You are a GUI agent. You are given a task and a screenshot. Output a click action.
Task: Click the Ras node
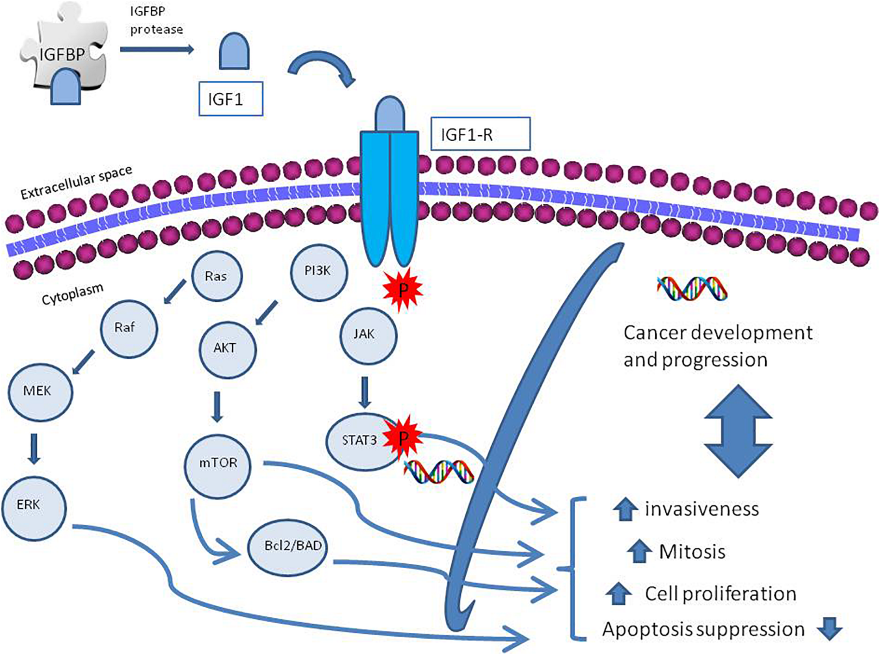pos(216,276)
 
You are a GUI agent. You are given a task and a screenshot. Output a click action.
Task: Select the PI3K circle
pos(319,272)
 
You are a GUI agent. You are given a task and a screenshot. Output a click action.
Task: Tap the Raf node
pos(129,329)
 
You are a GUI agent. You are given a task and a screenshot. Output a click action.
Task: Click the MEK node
pos(40,391)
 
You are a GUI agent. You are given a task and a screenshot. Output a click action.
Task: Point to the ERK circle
pos(34,508)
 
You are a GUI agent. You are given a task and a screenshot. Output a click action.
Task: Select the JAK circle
pos(368,336)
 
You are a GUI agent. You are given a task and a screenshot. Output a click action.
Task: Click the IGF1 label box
pos(231,99)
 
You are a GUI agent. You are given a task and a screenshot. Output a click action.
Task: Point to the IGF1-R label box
pos(480,134)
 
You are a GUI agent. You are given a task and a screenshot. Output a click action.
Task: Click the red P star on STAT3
pos(402,439)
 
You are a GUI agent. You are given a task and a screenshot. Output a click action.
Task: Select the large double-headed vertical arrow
pos(738,431)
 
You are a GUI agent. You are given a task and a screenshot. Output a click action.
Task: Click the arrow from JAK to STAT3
pos(365,392)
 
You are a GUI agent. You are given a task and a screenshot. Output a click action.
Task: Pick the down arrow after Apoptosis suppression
pos(830,628)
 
